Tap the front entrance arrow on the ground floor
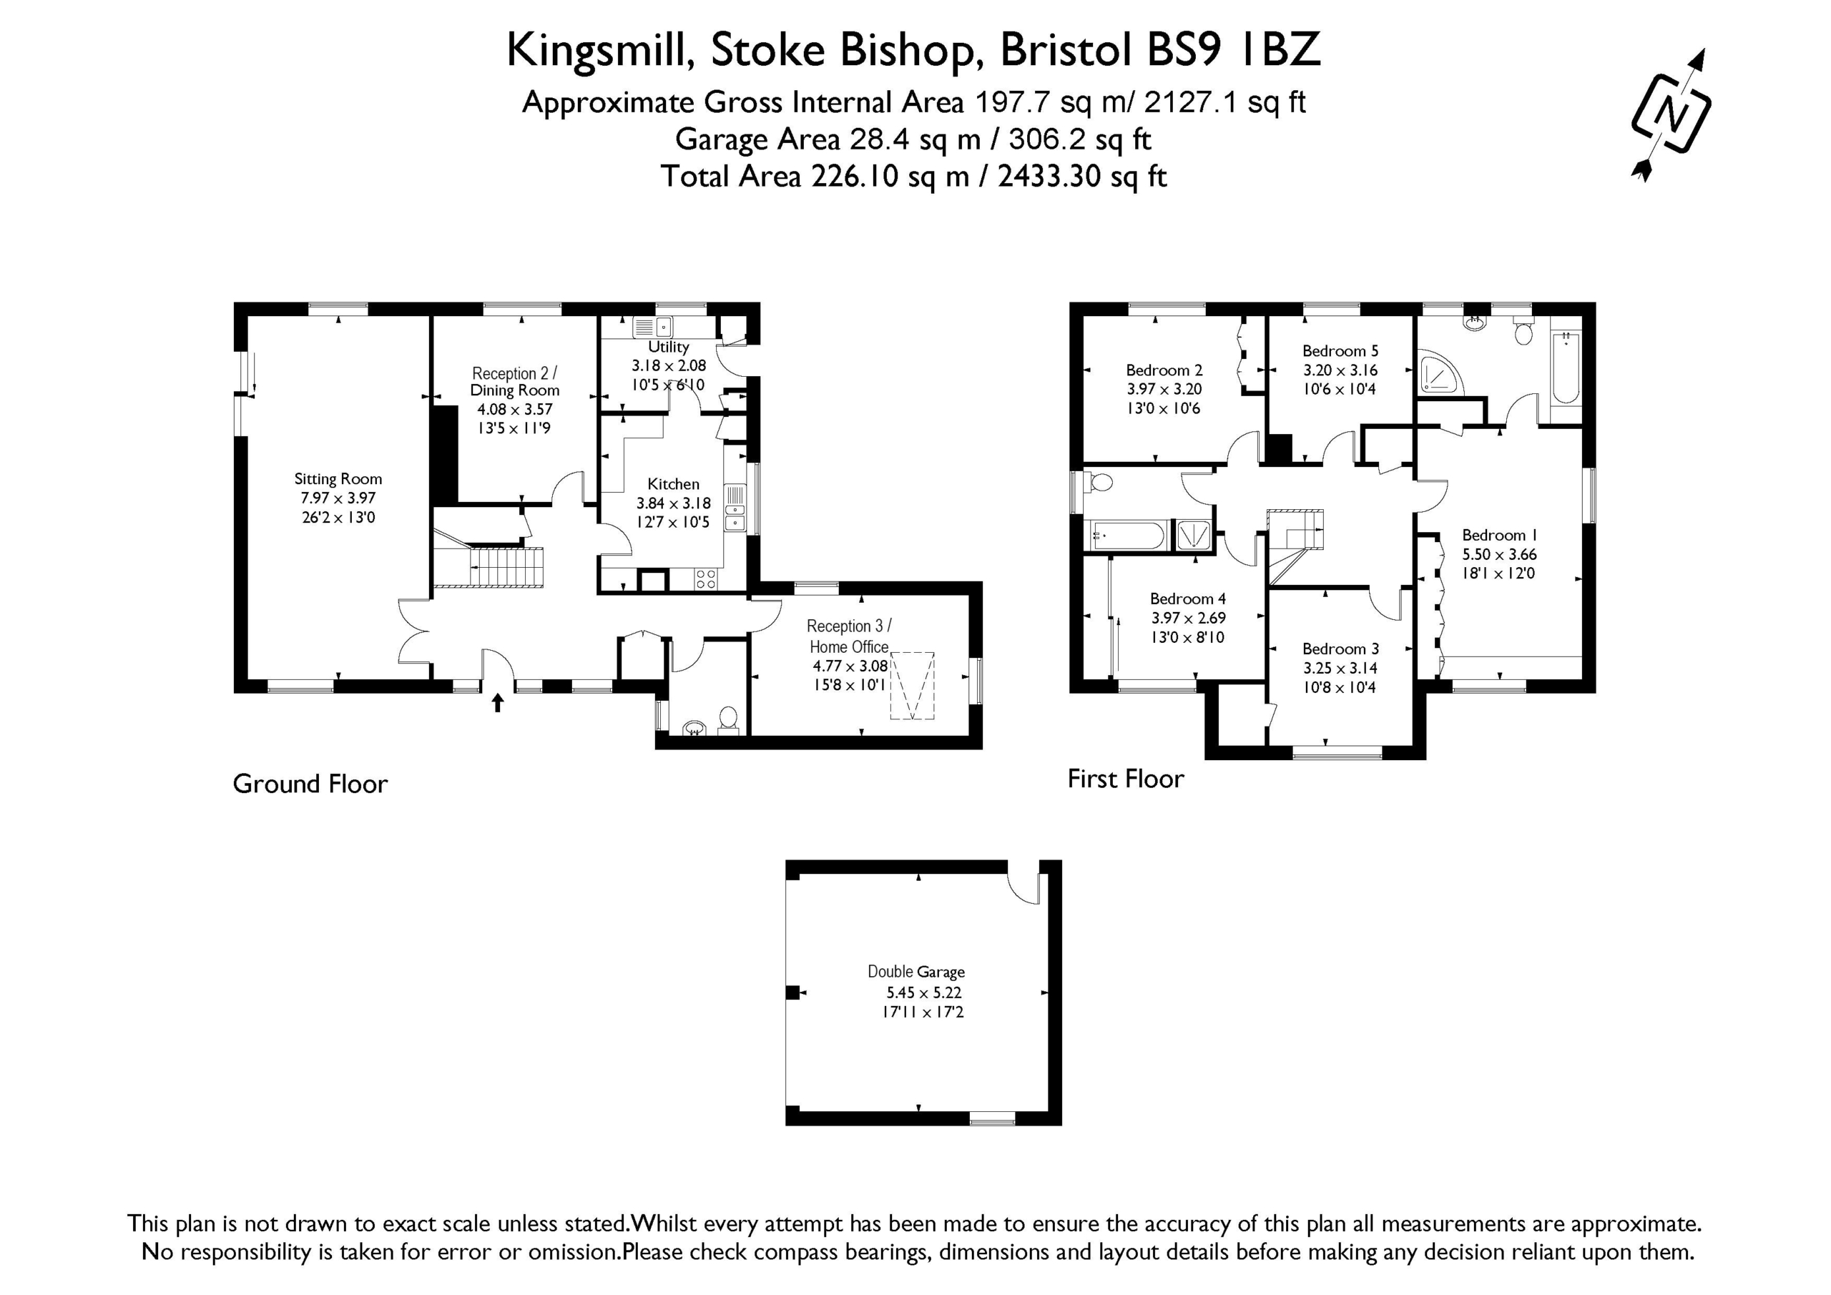pyautogui.click(x=498, y=702)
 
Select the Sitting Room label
pyautogui.click(x=338, y=479)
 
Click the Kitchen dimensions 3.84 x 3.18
pyautogui.click(x=673, y=503)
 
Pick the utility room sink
pyautogui.click(x=653, y=327)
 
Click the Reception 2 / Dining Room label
pyautogui.click(x=514, y=382)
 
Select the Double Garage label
pyautogui.click(x=916, y=972)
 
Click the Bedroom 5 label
pyautogui.click(x=1340, y=351)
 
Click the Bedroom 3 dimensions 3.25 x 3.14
pyautogui.click(x=1340, y=668)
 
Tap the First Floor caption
pyautogui.click(x=1125, y=778)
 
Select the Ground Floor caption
pyautogui.click(x=310, y=784)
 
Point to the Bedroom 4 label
pyautogui.click(x=1187, y=599)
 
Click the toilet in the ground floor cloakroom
pyautogui.click(x=727, y=720)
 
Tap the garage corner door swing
pyautogui.click(x=1024, y=882)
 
